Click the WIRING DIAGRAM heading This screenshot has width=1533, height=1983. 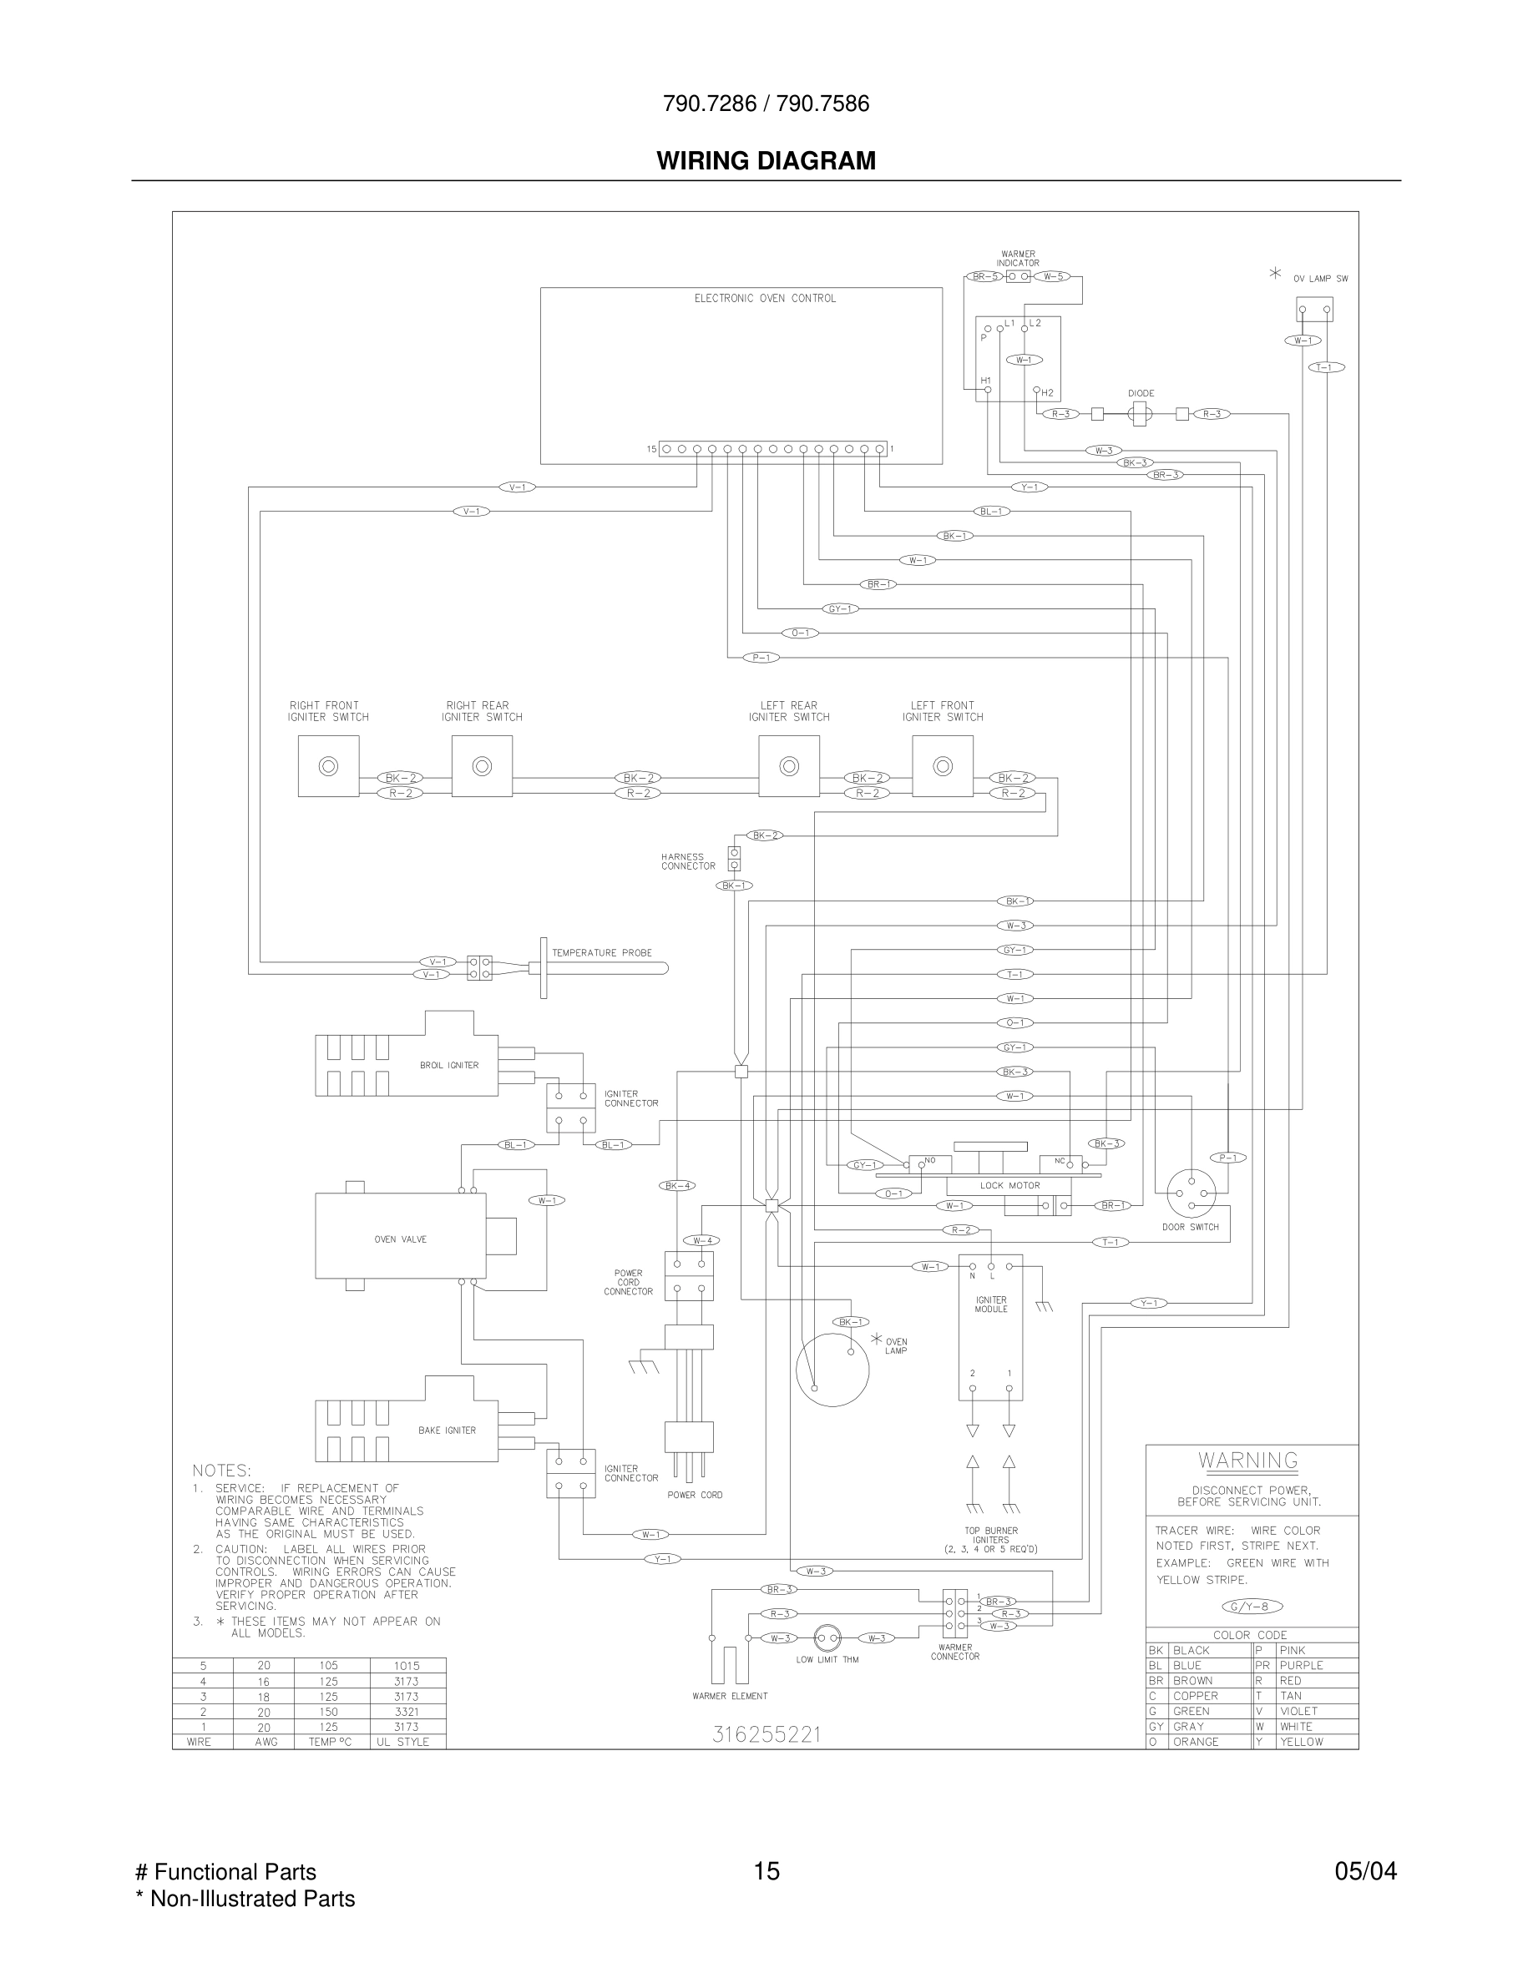tap(766, 161)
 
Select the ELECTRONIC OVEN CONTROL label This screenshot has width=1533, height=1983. tap(765, 299)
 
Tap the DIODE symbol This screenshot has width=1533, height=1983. tap(1139, 414)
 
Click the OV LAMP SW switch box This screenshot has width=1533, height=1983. tap(1314, 309)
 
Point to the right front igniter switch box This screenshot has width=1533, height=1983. tap(328, 766)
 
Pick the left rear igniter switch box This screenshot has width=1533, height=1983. tap(788, 766)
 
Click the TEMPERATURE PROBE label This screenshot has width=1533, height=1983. tap(601, 952)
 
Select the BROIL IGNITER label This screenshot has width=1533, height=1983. tap(448, 1065)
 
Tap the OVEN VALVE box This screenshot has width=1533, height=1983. tap(401, 1239)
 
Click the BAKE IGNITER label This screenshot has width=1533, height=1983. tap(447, 1430)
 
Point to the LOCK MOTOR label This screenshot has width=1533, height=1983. tap(1009, 1185)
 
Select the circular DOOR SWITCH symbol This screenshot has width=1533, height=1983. tap(1191, 1192)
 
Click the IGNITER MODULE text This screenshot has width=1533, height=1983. tap(991, 1304)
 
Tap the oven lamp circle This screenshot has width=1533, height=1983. tap(832, 1370)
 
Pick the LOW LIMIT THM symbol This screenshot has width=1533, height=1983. tap(827, 1638)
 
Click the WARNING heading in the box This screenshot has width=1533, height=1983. tap(1247, 1461)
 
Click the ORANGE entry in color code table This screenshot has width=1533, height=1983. tap(1195, 1742)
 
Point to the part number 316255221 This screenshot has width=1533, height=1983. tap(766, 1735)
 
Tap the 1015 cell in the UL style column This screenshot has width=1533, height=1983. tap(407, 1666)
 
